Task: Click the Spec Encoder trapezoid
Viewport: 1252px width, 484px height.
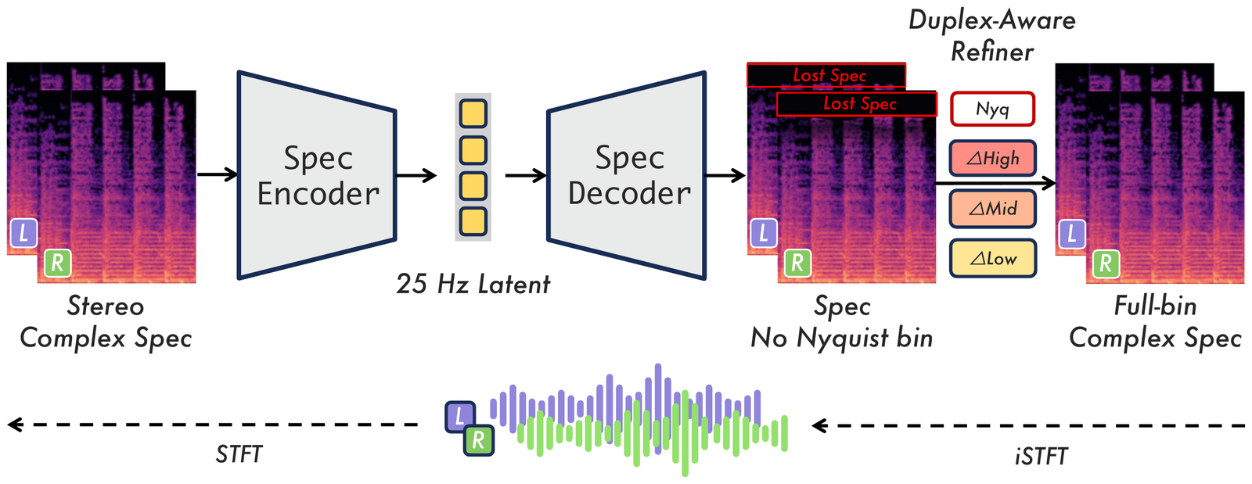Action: tap(317, 175)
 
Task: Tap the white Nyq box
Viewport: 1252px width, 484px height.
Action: tap(993, 109)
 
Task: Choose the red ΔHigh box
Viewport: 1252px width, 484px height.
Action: tap(993, 159)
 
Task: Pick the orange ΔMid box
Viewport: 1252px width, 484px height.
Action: tap(993, 208)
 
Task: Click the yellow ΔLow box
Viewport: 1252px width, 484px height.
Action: tap(993, 258)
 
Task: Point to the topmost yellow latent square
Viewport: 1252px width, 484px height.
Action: tap(473, 114)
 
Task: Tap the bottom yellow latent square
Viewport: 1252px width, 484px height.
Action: tap(473, 221)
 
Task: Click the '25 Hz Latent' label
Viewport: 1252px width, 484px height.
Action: tap(473, 284)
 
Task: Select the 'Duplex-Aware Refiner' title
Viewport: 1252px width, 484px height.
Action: tap(992, 36)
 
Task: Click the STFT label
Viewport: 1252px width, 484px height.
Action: tap(239, 454)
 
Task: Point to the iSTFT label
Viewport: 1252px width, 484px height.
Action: tap(1041, 456)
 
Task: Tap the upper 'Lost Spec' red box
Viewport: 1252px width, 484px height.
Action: tap(826, 75)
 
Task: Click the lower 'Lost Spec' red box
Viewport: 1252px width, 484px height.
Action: tap(857, 104)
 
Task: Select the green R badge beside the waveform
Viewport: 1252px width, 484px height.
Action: tap(478, 440)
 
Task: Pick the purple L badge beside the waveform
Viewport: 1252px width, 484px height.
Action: tap(459, 417)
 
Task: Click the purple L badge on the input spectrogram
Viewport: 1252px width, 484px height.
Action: tap(23, 233)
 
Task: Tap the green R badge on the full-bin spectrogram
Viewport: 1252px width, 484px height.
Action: tap(1106, 263)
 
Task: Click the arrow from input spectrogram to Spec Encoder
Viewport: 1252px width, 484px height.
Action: tap(218, 174)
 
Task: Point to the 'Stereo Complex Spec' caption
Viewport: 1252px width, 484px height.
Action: tap(106, 322)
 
